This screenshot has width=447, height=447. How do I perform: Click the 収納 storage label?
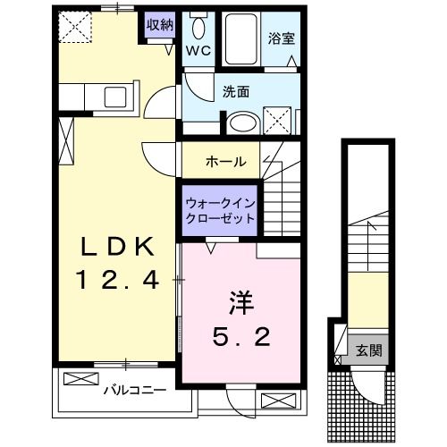[160, 25]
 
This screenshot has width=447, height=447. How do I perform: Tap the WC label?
[198, 51]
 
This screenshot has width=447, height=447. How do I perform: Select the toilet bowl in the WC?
[198, 29]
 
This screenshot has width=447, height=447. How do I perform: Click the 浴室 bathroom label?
[282, 38]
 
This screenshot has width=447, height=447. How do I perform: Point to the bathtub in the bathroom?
[241, 38]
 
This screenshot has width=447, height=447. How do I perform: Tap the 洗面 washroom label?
[236, 92]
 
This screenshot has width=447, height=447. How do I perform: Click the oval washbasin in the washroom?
[243, 122]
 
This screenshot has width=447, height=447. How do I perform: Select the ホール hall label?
[226, 162]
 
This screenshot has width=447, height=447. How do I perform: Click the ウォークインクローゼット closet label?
[220, 211]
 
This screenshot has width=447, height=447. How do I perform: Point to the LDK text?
[118, 246]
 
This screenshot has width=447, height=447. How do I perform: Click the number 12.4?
[117, 280]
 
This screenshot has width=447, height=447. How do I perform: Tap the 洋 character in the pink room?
[240, 303]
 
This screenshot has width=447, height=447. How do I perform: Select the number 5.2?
[241, 336]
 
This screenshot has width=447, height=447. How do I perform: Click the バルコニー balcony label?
[135, 390]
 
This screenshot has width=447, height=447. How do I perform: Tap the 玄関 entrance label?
[369, 350]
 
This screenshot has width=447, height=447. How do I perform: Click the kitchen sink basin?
[115, 97]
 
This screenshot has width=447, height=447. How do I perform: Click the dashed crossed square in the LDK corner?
[75, 27]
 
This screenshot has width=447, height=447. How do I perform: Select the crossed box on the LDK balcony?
[81, 379]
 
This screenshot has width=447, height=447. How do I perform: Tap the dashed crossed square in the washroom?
[277, 121]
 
